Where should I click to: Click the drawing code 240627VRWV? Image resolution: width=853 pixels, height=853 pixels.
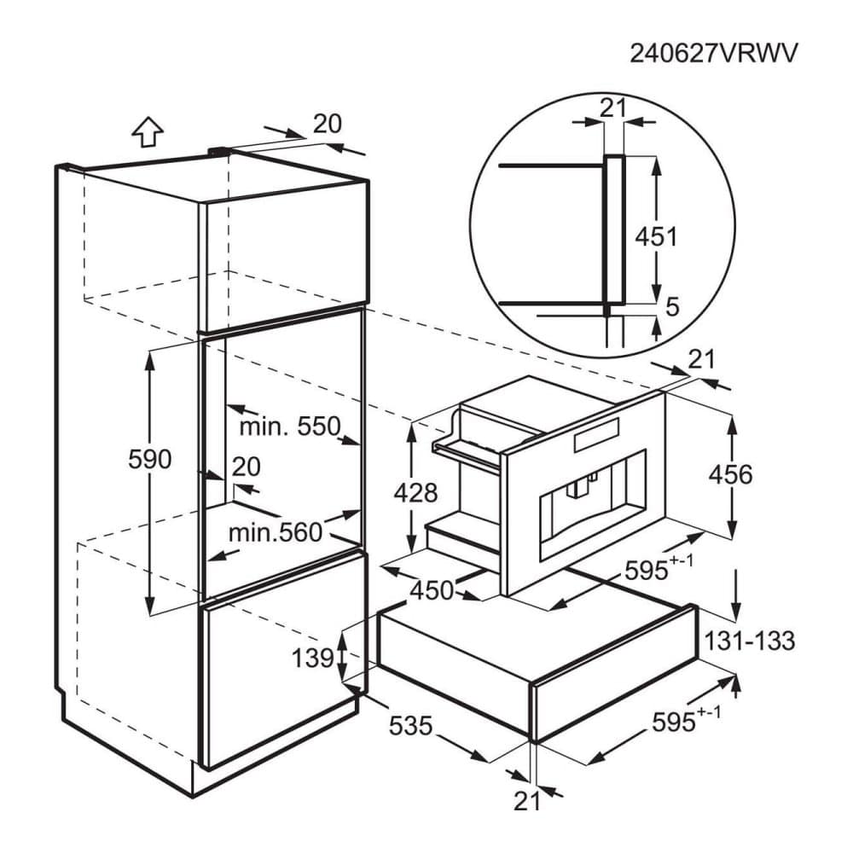[x=714, y=53]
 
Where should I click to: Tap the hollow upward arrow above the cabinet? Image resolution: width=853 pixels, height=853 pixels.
[x=148, y=132]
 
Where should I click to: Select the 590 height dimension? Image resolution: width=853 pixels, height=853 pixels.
[x=149, y=459]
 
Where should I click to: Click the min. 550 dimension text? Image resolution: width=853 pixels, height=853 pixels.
[x=290, y=426]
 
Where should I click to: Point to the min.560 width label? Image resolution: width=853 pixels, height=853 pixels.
[x=276, y=532]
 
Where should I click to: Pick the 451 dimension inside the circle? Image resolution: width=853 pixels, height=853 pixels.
[x=657, y=236]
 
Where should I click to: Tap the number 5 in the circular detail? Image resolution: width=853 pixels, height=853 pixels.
[x=673, y=307]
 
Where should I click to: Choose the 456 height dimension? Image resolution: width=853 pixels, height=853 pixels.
[x=731, y=474]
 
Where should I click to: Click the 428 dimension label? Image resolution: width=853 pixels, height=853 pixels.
[x=415, y=493]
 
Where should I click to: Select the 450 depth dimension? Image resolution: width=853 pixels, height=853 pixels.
[x=432, y=590]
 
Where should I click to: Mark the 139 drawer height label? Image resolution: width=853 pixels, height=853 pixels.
[x=313, y=658]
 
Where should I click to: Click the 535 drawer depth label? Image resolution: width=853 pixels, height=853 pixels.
[x=411, y=725]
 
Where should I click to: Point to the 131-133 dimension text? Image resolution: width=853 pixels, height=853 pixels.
[x=750, y=641]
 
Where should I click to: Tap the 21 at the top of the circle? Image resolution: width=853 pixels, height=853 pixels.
[x=613, y=107]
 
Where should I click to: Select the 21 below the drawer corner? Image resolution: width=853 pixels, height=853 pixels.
[x=527, y=801]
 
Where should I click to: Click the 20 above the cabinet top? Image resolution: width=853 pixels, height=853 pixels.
[x=328, y=124]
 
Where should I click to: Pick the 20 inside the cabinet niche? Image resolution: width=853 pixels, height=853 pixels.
[x=247, y=467]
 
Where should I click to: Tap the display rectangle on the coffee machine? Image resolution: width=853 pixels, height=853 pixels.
[x=596, y=435]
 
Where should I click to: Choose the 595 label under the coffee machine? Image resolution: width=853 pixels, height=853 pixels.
[x=647, y=571]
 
